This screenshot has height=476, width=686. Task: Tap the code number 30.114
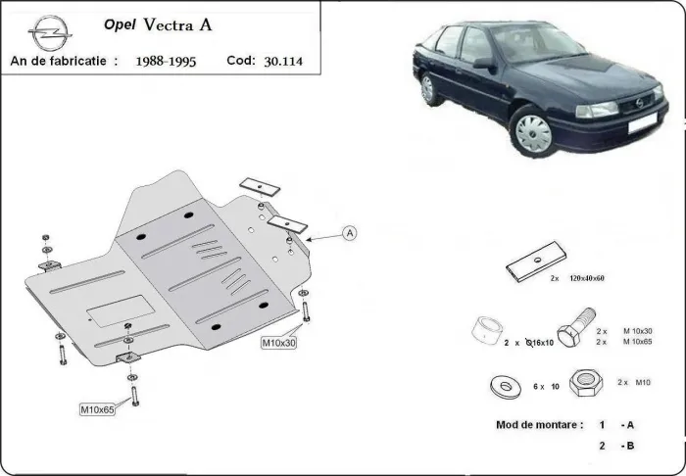pos(283,61)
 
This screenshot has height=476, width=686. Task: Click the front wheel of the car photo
pos(533,130)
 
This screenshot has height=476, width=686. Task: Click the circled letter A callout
pos(350,232)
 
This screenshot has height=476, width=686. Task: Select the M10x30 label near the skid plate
pos(279,343)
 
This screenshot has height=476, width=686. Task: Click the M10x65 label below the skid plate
pos(98,408)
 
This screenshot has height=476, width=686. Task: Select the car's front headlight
pos(597,109)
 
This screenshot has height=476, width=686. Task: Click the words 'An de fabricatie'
pos(58,61)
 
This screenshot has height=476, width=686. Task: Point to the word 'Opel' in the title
pos(119,26)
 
